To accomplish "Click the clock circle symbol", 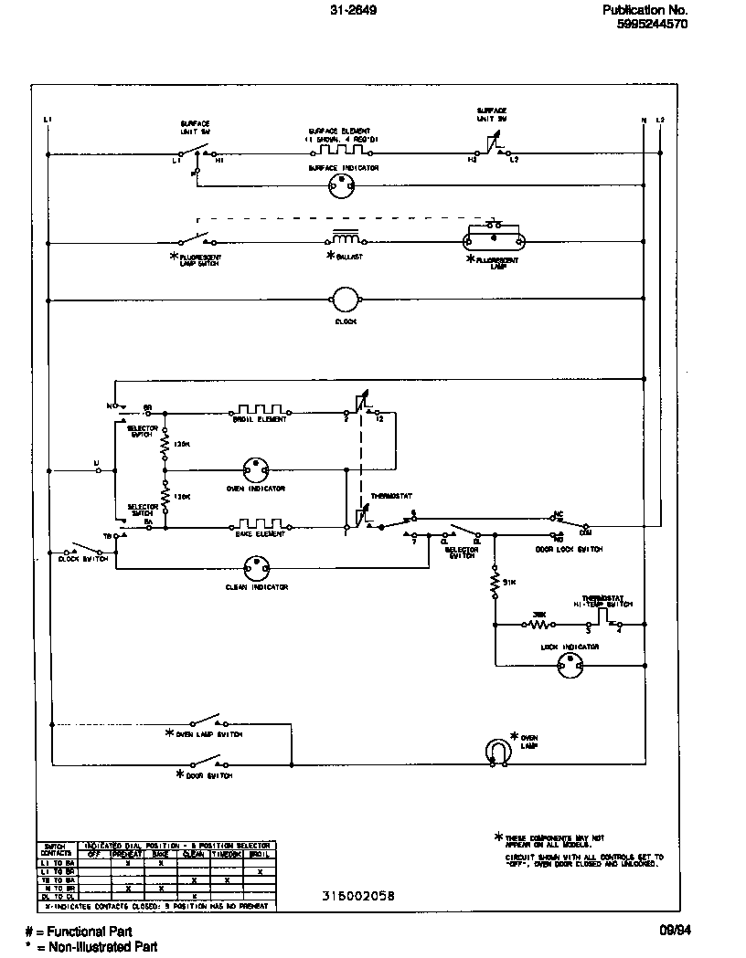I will click(x=346, y=299).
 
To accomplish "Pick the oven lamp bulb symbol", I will click(x=498, y=751).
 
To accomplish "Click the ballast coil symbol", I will click(x=345, y=239).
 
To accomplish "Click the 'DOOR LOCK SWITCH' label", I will click(x=569, y=550).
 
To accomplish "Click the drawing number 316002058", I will click(x=358, y=896).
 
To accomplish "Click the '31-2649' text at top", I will click(x=353, y=10).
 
